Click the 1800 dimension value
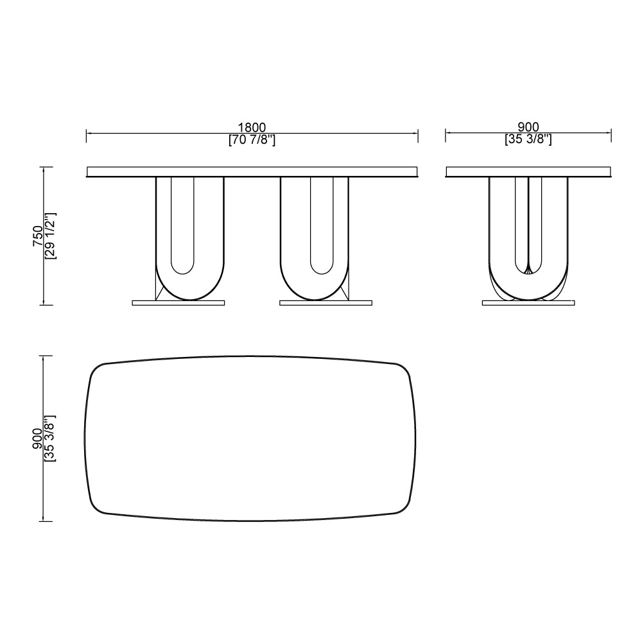[x=252, y=128]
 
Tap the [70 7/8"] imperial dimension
[x=252, y=140]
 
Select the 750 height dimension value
[x=38, y=236]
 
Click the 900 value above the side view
[x=528, y=128]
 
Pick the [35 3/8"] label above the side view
[x=528, y=140]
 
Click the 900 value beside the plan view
[x=38, y=438]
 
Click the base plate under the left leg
[x=179, y=302]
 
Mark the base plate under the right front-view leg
[x=325, y=302]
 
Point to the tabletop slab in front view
[x=252, y=171]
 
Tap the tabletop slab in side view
[x=528, y=171]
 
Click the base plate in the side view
[x=528, y=302]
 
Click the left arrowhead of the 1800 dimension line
[x=89, y=134]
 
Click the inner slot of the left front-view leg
[x=183, y=225]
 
